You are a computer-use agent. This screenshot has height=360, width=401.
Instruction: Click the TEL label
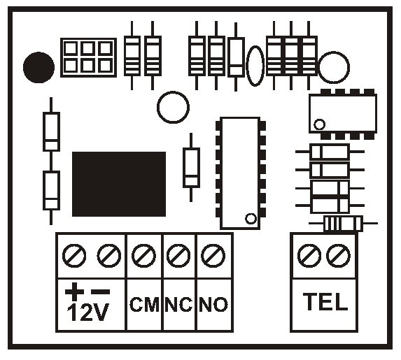325,301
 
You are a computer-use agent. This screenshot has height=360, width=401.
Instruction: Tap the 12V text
87,312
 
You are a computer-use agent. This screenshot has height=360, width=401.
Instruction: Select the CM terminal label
144,304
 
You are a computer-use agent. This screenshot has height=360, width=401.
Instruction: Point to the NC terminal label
178,304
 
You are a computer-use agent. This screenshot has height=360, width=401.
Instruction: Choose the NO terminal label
213,304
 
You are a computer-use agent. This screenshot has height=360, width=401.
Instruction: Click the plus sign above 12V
74,291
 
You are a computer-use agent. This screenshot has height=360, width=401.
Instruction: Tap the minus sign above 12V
101,291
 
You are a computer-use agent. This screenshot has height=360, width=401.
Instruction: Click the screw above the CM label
143,256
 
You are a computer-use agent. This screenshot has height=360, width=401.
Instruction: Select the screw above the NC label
178,256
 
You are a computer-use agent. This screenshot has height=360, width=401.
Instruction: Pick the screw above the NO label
213,256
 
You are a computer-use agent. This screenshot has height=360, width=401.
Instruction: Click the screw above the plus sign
74,256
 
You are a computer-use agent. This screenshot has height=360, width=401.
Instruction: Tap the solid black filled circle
38,67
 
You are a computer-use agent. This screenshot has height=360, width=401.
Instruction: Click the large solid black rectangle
119,184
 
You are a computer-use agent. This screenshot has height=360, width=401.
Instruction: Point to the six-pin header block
88,57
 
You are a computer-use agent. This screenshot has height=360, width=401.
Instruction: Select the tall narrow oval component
255,66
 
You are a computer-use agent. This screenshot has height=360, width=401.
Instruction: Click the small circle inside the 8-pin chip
319,124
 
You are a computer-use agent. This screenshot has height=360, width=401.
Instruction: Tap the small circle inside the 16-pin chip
251,219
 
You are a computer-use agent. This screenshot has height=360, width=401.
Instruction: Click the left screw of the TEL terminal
309,256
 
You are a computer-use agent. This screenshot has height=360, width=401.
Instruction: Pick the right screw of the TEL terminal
338,256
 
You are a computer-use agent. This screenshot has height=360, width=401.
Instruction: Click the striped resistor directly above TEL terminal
343,223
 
